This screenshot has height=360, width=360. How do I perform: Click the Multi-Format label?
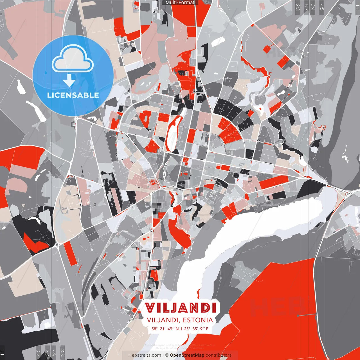click(x=180, y=3)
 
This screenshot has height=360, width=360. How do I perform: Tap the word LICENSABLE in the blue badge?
click(x=73, y=95)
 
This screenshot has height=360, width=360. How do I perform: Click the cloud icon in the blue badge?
click(x=73, y=60)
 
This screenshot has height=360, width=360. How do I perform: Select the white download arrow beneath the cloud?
click(x=69, y=81)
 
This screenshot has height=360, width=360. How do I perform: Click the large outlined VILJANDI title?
click(x=181, y=308)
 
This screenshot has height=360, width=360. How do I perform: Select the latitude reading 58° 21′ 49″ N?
click(x=165, y=328)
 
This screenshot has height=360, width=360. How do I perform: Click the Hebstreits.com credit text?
click(x=145, y=355)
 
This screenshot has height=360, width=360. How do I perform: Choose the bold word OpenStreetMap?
click(x=187, y=355)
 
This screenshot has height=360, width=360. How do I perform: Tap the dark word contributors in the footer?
click(x=219, y=355)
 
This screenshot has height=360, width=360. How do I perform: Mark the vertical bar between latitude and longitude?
click(x=181, y=328)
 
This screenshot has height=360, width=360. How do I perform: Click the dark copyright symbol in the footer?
click(x=166, y=355)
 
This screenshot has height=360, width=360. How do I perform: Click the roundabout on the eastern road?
click(x=350, y=193)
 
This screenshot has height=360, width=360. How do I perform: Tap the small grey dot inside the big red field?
click(x=298, y=316)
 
